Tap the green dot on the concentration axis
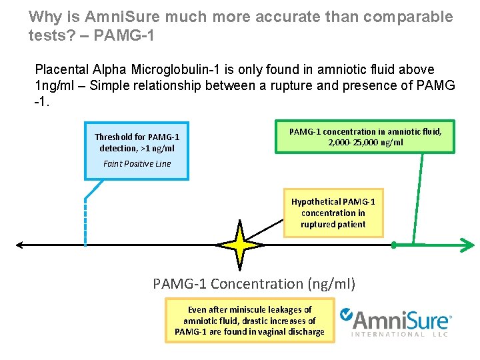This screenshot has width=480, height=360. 393,245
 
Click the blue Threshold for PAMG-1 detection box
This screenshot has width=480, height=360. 137,150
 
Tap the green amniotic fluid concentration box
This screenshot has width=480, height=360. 365,137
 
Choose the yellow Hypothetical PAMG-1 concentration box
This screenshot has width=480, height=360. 333,213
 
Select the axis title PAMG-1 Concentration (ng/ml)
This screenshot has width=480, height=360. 254,284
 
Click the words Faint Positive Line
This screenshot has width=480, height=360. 137,163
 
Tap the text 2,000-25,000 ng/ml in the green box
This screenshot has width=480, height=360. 365,142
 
